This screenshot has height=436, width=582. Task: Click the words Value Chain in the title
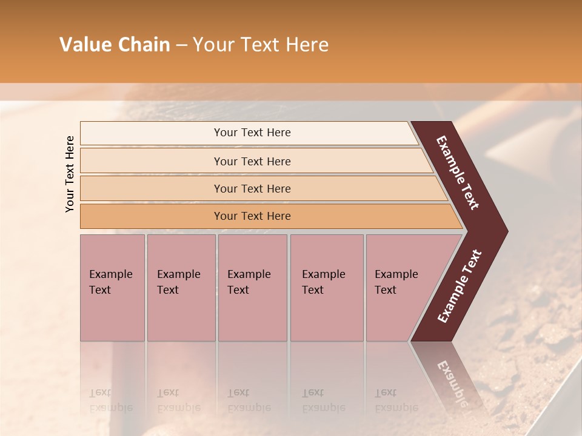pos(115,45)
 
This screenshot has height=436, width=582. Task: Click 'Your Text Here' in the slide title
pos(261,45)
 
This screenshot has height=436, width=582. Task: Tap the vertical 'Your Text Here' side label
pos(70,174)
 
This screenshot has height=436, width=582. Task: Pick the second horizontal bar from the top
pos(252,161)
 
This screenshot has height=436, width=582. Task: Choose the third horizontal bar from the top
pos(252,188)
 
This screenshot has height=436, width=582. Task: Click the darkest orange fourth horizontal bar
pos(252,216)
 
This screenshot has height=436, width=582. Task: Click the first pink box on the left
pos(112,287)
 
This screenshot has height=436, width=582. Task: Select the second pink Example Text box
pos(181,287)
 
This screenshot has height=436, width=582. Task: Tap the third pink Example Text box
pos(252,287)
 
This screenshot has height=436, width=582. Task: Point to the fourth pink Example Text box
pos(326,287)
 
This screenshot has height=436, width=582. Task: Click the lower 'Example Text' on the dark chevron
pos(460,286)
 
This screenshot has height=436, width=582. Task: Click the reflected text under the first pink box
pos(110,400)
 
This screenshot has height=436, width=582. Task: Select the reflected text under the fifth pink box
pos(396,400)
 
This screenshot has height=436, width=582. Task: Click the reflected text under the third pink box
pos(249,400)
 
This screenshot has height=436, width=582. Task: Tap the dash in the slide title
pos(181,45)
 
